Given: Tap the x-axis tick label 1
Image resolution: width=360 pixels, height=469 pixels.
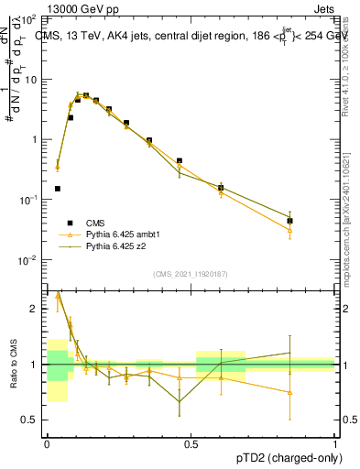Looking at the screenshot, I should click(x=334, y=443).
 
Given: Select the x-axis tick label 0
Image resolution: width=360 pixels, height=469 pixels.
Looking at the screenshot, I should click(x=47, y=443).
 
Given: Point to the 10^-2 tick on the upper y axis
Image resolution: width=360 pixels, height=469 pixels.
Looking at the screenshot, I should click(x=28, y=260).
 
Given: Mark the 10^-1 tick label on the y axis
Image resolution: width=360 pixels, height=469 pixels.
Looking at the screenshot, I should click(x=28, y=200).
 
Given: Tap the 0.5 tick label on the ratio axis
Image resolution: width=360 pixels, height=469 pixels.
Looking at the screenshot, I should click(x=32, y=420).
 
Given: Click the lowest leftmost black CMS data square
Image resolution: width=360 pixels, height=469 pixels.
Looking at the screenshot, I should click(x=58, y=189).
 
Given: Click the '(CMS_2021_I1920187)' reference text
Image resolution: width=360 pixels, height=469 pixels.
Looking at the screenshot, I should click(x=191, y=273).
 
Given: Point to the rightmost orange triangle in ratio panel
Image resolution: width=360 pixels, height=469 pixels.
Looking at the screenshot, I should click(x=289, y=392).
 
